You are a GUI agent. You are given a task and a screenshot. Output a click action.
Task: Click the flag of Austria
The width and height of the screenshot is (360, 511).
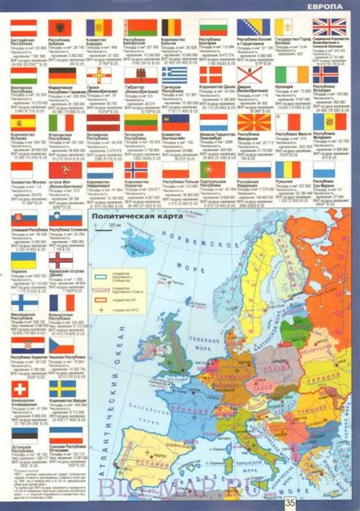22,27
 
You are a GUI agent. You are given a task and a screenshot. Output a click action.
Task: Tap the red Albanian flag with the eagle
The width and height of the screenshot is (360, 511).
60,27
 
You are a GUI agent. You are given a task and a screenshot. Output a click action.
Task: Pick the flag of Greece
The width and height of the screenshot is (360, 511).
172,74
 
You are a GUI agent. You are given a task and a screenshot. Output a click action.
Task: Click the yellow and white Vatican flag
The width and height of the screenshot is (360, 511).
286,27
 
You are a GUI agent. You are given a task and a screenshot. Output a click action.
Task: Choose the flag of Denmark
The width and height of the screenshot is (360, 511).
210,74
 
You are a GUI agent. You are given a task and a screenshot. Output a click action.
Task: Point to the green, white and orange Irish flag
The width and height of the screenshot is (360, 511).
286,74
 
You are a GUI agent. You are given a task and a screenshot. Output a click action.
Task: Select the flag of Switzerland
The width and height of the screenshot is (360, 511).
22,389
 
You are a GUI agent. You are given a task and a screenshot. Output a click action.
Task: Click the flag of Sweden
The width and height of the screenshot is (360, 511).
60,389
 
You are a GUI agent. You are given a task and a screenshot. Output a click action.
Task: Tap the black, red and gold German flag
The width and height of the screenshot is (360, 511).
60,74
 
